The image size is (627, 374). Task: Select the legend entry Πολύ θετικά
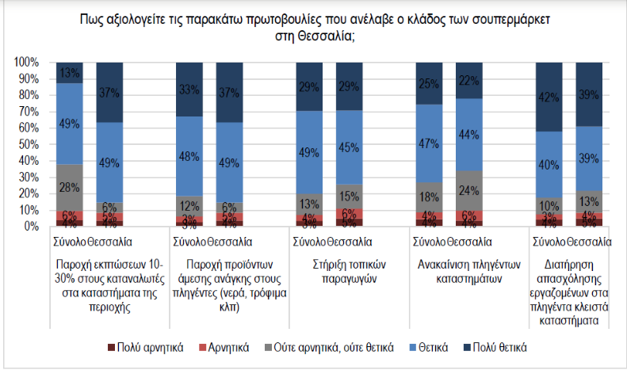[x=500, y=347]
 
